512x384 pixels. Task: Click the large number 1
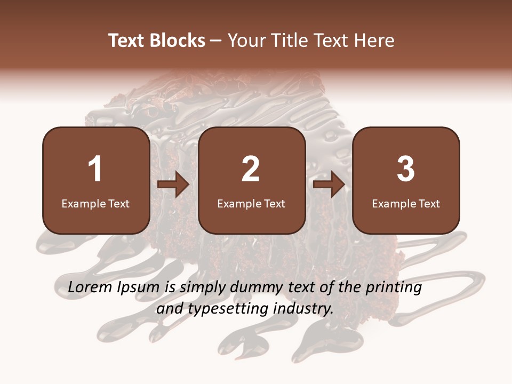[95, 169]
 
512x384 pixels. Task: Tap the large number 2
[251, 169]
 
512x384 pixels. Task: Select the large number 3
[406, 169]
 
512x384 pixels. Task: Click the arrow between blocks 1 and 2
[174, 185]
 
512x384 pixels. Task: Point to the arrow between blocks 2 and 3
[329, 185]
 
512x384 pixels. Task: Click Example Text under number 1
[95, 203]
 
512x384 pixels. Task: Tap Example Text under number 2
[251, 203]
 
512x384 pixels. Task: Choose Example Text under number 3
[406, 203]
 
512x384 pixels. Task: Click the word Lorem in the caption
[88, 287]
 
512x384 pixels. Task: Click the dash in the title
[217, 41]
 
